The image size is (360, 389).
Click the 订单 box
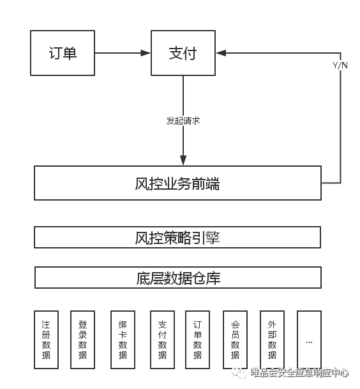(63, 53)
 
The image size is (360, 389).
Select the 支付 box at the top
(183, 53)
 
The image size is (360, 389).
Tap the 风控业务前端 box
(178, 183)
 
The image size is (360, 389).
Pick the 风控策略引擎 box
(177, 237)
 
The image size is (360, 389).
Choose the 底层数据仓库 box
(178, 277)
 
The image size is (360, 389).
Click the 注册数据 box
(47, 340)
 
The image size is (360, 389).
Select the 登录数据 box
(83, 340)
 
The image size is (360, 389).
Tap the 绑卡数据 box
(123, 340)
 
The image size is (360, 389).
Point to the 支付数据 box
(163, 340)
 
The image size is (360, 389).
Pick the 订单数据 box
(198, 340)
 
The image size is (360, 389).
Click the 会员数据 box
(236, 340)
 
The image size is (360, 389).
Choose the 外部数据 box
(272, 340)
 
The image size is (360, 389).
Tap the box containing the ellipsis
(310, 340)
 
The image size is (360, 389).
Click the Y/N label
(340, 65)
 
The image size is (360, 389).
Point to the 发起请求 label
(183, 121)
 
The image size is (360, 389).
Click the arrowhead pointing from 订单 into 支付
(146, 53)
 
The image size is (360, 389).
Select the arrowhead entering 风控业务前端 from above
(183, 160)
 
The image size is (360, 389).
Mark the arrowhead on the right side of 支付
(221, 53)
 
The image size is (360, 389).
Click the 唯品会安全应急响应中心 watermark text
(299, 372)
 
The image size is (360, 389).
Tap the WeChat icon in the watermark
(239, 373)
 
